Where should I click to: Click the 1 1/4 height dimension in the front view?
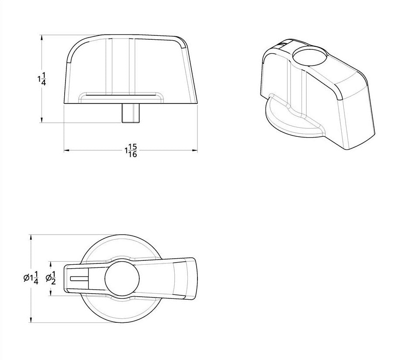click(42, 79)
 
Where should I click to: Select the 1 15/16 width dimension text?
click(131, 151)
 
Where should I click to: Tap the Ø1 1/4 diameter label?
click(31, 278)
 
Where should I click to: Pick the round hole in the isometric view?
click(309, 56)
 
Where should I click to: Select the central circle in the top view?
click(122, 278)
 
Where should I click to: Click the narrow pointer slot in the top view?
click(80, 278)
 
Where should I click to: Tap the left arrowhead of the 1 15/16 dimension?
click(67, 151)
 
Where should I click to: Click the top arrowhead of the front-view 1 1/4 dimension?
click(42, 38)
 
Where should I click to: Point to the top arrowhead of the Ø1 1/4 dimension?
click(31, 237)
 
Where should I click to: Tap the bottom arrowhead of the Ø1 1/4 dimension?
click(31, 320)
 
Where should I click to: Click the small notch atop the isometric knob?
click(283, 44)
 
